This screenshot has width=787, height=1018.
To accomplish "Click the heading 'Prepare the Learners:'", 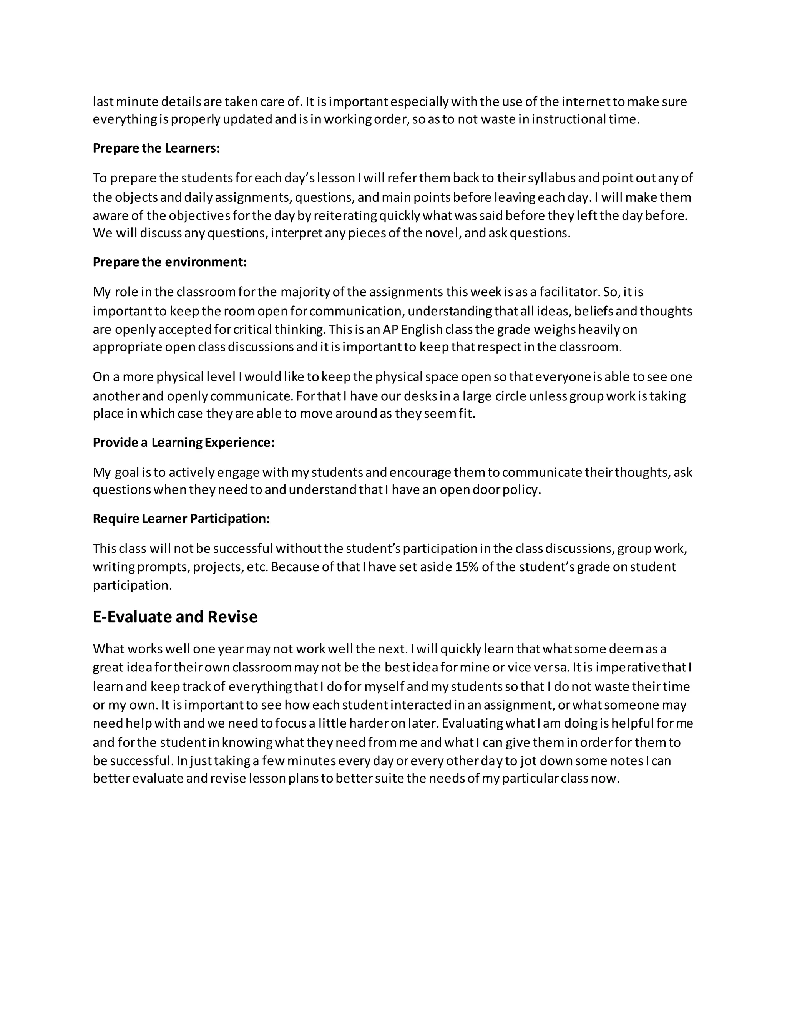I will (x=156, y=148).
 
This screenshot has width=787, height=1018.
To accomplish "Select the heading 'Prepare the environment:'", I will (x=170, y=262).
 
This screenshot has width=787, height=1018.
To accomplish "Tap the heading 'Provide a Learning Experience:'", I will (x=184, y=442).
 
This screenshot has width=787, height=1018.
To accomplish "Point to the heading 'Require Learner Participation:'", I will (x=181, y=518).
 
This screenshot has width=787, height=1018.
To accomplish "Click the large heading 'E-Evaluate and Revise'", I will (x=175, y=617).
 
